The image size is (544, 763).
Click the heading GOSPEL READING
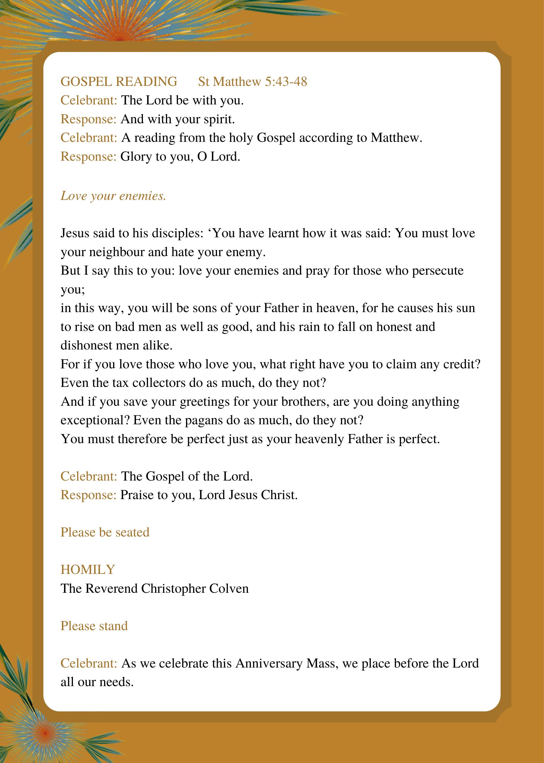pos(119,82)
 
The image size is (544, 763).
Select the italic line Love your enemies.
pos(113,196)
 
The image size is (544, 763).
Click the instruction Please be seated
pos(105,532)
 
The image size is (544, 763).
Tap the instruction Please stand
pos(94,626)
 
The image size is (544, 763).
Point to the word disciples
pos(178,233)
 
